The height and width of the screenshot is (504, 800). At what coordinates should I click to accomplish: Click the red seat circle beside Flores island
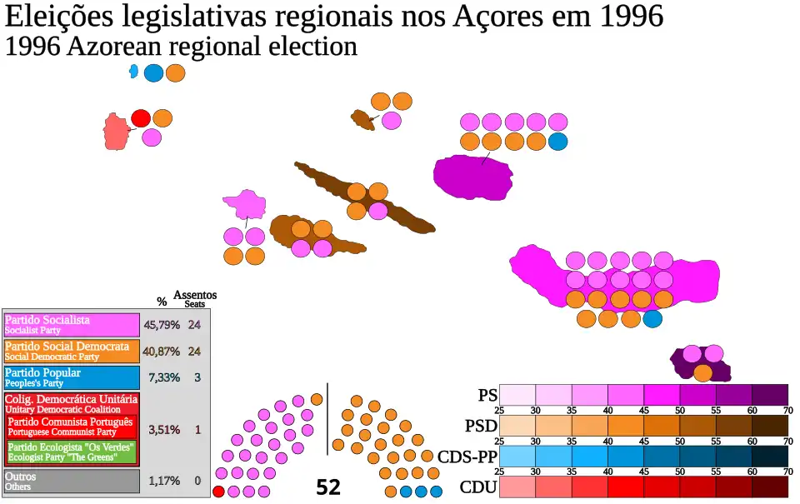pyautogui.click(x=141, y=118)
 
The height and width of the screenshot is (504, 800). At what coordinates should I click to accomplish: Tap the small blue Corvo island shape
pyautogui.click(x=133, y=72)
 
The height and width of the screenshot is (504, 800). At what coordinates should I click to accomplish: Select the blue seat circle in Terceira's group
pyautogui.click(x=557, y=141)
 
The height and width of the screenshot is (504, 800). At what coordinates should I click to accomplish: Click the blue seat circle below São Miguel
pyautogui.click(x=652, y=318)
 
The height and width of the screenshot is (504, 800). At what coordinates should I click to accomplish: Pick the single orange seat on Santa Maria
pyautogui.click(x=702, y=372)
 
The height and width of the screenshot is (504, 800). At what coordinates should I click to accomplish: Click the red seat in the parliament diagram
pyautogui.click(x=219, y=492)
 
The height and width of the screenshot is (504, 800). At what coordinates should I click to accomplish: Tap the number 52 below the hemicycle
pyautogui.click(x=328, y=487)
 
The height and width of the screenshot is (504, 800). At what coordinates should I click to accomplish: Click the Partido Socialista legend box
pyautogui.click(x=71, y=324)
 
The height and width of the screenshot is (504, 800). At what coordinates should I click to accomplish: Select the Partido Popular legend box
pyautogui.click(x=71, y=377)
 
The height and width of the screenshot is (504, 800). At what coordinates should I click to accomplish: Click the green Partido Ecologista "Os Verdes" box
pyautogui.click(x=71, y=452)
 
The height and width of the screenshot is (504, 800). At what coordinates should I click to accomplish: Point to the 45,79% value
pyautogui.click(x=162, y=325)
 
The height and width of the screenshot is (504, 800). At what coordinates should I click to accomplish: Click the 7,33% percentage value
pyautogui.click(x=163, y=377)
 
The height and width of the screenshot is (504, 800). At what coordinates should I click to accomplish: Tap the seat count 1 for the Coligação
pyautogui.click(x=197, y=430)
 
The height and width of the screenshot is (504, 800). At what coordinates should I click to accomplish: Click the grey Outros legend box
pyautogui.click(x=71, y=481)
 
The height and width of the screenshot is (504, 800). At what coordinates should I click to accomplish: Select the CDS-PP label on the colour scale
pyautogui.click(x=467, y=457)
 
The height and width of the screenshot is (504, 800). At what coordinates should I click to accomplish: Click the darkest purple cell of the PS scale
pyautogui.click(x=769, y=395)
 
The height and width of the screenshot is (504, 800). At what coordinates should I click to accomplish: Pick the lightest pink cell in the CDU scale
pyautogui.click(x=517, y=487)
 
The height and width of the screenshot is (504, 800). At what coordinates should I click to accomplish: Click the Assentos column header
pyautogui.click(x=195, y=295)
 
